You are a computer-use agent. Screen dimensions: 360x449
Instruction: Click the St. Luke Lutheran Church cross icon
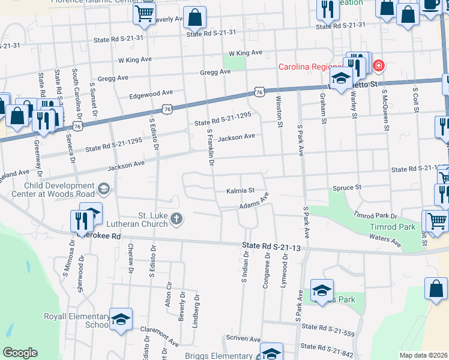coord(176,218)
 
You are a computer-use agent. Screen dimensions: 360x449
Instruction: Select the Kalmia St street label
coord(241,191)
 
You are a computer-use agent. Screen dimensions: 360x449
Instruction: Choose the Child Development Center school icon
coord(104,190)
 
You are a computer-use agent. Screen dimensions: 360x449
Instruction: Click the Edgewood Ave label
coord(151,94)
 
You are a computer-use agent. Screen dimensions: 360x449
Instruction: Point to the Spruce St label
coord(348,188)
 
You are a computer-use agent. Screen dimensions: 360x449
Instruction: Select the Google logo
coord(20,352)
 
